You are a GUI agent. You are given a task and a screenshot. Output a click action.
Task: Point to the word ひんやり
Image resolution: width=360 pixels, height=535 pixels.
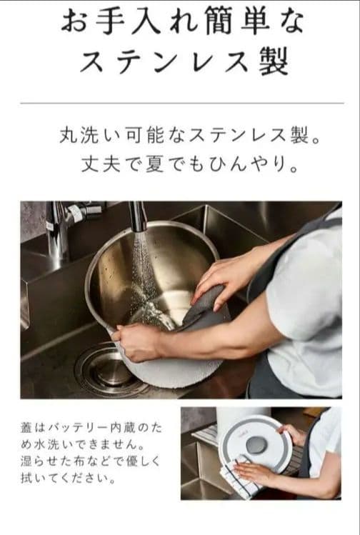tap(246, 166)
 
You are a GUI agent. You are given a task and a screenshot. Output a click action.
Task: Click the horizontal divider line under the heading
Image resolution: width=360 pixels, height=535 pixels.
tap(180, 104)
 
